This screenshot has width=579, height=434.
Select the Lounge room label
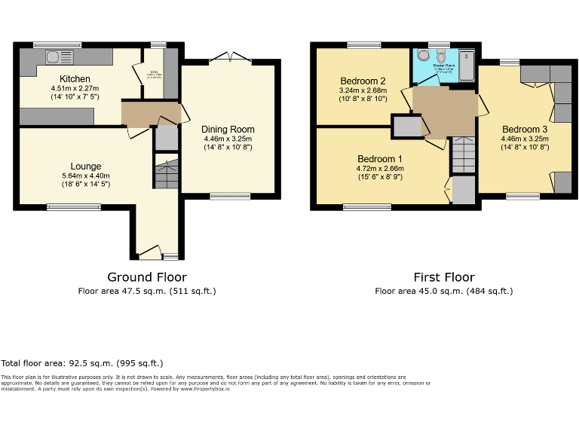pos(86,167)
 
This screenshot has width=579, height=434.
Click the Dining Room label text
pos(228,129)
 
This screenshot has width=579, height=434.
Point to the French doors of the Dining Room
pos(225,58)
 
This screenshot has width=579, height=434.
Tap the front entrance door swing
pos(149,250)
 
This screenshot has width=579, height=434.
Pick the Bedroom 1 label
pos(380,159)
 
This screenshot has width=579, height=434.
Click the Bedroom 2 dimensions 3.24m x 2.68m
pos(363,90)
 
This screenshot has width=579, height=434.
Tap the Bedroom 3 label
pos(525,129)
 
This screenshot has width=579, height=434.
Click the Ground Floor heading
pos(147,277)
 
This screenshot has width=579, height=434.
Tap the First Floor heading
pos(444,277)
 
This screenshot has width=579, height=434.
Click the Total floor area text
pos(82,363)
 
